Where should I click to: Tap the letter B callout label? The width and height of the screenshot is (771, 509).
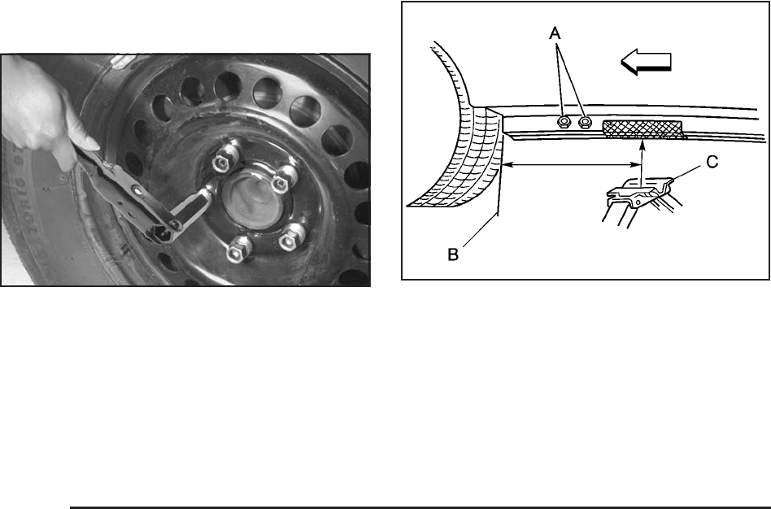[x=453, y=254]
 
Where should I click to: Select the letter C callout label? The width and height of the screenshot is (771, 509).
[x=712, y=163]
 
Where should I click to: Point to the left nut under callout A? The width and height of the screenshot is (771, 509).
[x=564, y=122]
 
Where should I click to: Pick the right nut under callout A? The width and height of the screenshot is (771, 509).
[x=585, y=121]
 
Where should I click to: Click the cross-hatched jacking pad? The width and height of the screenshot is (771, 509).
[x=644, y=128]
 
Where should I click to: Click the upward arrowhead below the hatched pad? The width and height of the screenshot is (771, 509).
[x=642, y=144]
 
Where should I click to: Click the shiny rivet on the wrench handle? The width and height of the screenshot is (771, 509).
[x=135, y=189]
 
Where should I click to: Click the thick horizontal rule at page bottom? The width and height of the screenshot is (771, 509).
[x=420, y=507]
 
